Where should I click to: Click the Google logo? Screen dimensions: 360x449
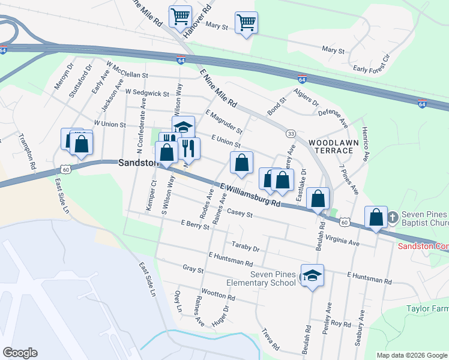(20, 353)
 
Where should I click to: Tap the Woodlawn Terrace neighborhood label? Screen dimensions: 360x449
(333, 148)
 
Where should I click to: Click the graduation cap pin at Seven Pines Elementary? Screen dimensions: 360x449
(312, 275)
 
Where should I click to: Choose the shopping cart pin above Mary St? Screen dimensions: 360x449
(246, 23)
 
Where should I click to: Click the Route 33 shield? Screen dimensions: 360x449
(291, 133)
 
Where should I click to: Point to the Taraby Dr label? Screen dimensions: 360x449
(245, 247)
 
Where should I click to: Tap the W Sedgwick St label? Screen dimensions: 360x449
(147, 92)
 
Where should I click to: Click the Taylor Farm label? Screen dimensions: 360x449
(427, 308)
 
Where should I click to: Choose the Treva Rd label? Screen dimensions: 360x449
(271, 339)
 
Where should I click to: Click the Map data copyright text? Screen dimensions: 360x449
(412, 355)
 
